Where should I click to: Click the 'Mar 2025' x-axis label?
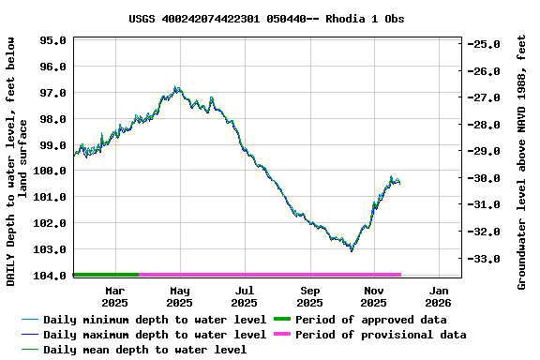click(114, 297)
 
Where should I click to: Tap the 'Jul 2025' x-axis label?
click(244, 297)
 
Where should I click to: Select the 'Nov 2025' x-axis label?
click(373, 297)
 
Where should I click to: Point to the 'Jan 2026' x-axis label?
click(438, 297)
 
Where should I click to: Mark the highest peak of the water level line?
click(175, 87)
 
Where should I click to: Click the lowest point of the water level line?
click(352, 250)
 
